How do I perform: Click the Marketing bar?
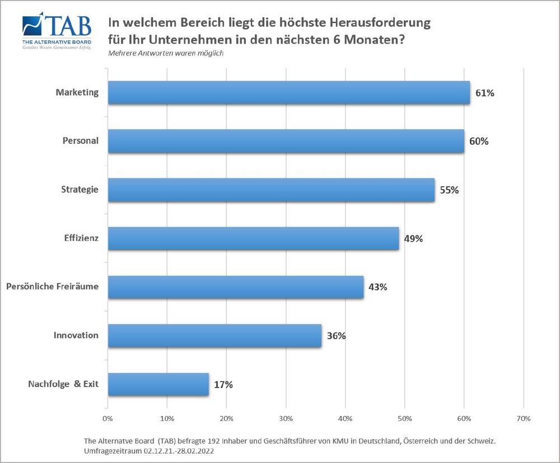coord(288,93)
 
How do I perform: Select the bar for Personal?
coord(286,141)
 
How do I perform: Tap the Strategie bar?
coord(271,190)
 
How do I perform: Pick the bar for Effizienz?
coord(253,239)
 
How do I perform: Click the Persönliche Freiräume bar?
coord(236,287)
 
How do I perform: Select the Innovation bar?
coord(214,336)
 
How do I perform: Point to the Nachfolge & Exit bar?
coord(158,385)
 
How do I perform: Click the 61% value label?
coord(484,93)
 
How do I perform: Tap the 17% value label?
coord(223,385)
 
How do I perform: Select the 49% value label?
coord(413,239)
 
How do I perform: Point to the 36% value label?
coord(336,336)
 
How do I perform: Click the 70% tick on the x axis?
coord(523,418)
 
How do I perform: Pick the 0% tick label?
coord(108,418)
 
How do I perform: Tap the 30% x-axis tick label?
coord(286,418)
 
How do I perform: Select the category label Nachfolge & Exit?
coord(63,384)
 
